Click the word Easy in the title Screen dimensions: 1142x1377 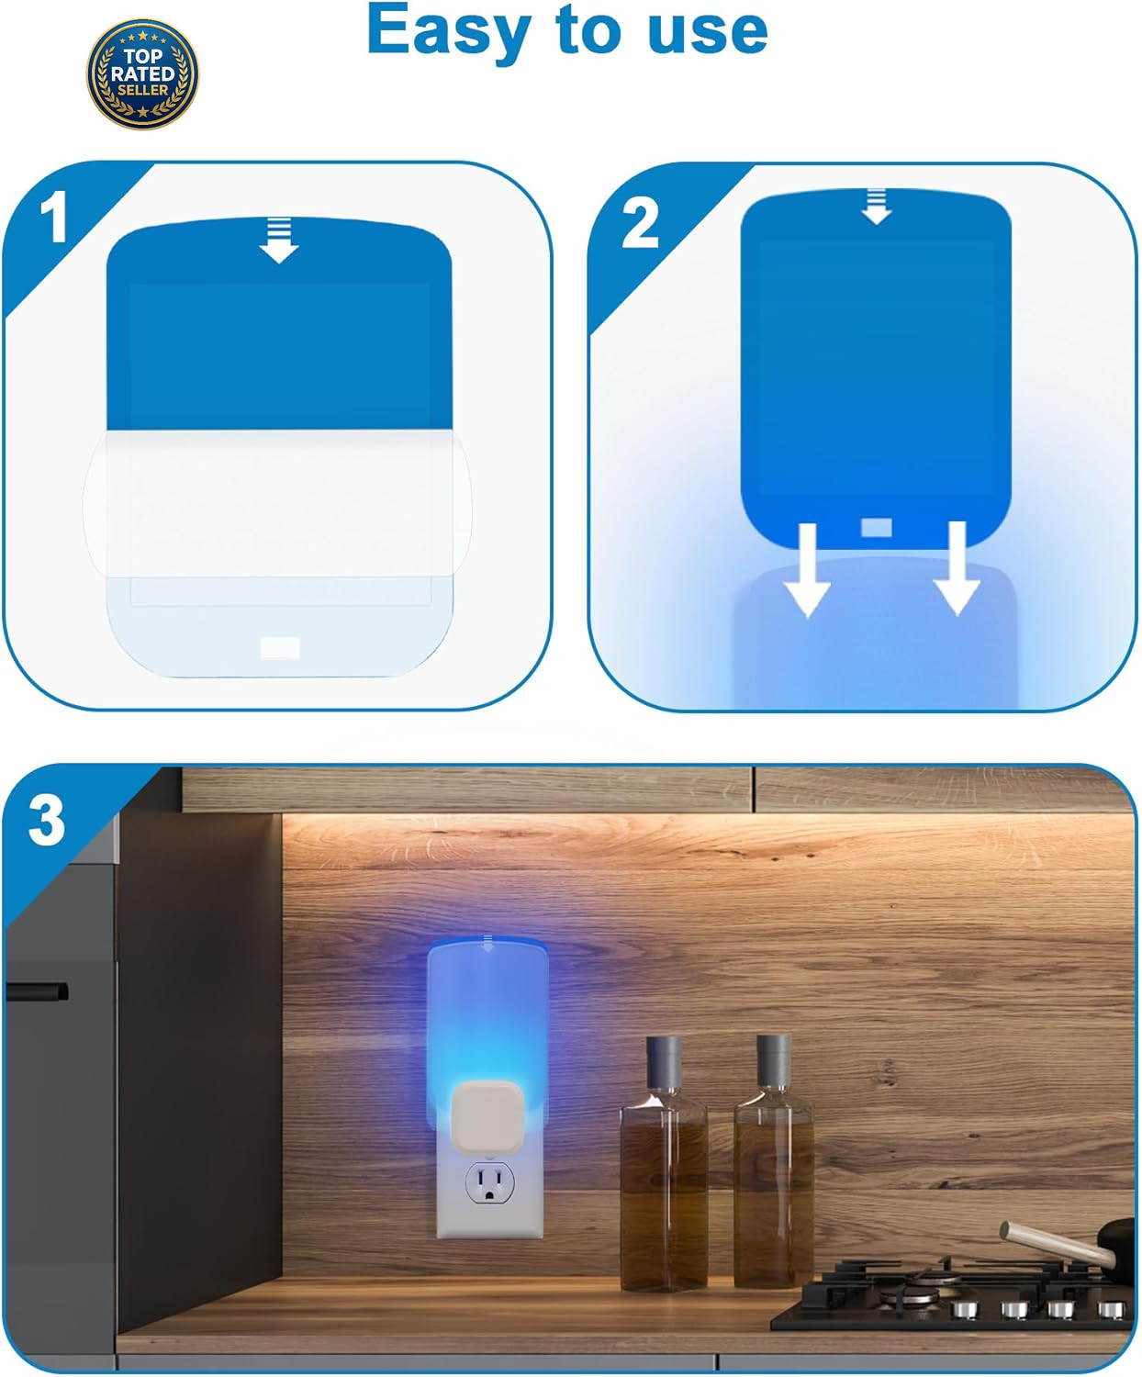(449, 31)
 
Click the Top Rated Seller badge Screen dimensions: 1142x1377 (142, 74)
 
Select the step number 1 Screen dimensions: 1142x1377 (53, 217)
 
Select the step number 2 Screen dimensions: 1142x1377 (640, 224)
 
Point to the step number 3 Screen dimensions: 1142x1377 (46, 821)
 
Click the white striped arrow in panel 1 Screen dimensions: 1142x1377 (279, 241)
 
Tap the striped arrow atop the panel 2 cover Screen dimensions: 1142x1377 (877, 207)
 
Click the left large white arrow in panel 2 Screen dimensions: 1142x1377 (808, 570)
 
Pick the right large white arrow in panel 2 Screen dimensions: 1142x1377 (957, 568)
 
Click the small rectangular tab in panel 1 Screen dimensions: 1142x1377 (280, 647)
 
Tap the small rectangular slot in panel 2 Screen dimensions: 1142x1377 (877, 528)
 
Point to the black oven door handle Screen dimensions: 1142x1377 (37, 991)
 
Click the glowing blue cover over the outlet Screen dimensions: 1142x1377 (488, 1029)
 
